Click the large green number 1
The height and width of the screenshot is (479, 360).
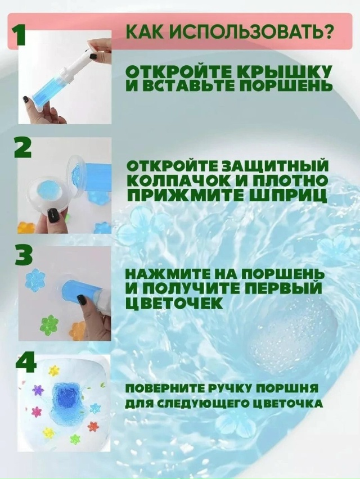(x=21, y=35)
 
